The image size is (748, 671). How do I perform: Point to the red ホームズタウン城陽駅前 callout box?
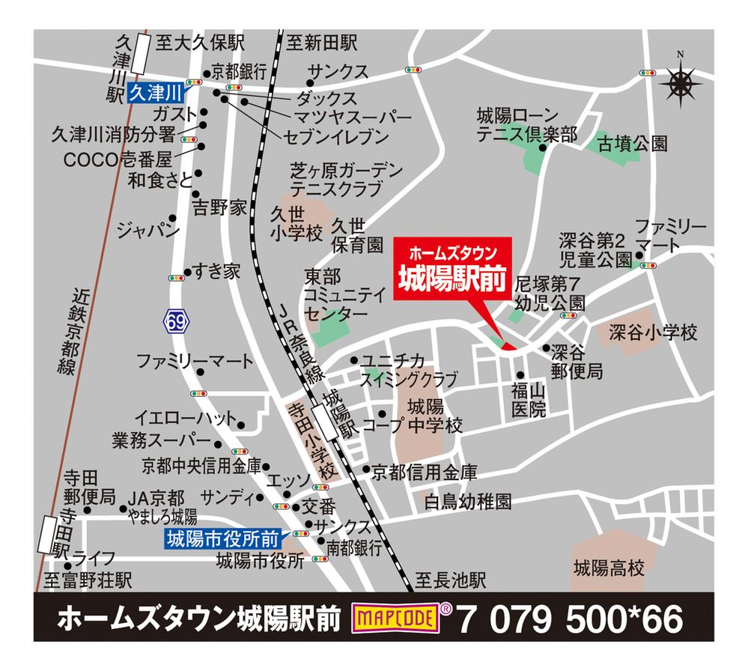pos(451,267)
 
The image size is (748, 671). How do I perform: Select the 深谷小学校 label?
pos(653,331)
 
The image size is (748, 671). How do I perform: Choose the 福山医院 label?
pos(529,399)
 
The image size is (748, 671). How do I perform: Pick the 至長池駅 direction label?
pos(451,580)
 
